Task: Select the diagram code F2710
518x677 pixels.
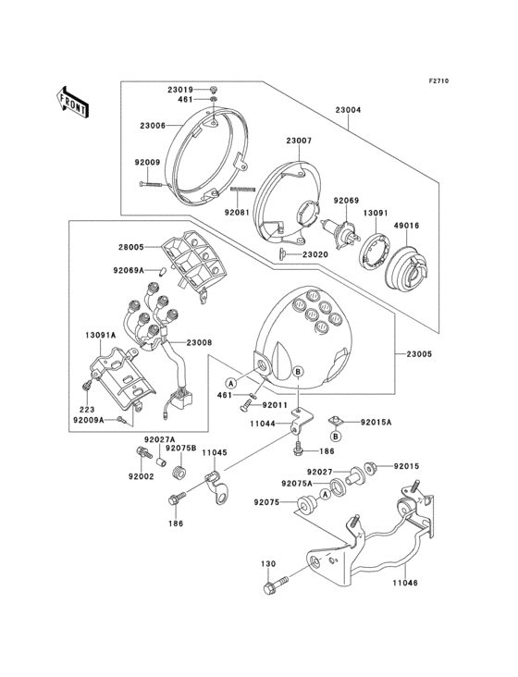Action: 438,80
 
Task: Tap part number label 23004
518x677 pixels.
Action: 348,110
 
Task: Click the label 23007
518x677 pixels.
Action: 298,141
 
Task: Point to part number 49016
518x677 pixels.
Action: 406,226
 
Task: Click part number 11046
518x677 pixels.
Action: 405,583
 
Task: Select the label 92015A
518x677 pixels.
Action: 376,423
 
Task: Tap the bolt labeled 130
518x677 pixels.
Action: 277,584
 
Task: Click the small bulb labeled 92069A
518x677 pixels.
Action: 163,272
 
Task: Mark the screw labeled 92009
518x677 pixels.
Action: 151,184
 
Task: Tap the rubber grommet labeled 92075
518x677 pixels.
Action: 306,505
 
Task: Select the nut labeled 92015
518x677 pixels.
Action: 370,468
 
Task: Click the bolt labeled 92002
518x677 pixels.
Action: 143,452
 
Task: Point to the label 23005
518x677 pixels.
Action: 419,354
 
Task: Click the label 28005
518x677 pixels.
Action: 130,247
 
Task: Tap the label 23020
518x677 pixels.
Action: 315,254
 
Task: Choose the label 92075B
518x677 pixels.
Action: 181,448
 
